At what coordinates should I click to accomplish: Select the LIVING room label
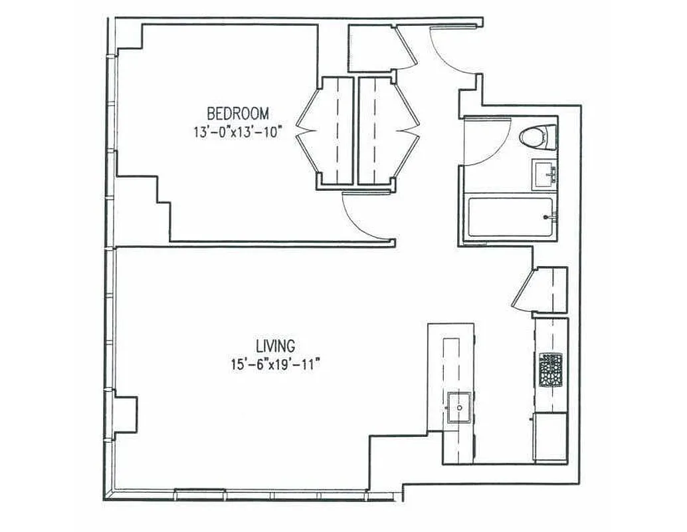pyautogui.click(x=275, y=346)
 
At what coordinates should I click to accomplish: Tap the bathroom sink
pyautogui.click(x=545, y=174)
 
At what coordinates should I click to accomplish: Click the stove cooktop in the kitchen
pyautogui.click(x=551, y=370)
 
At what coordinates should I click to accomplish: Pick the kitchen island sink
pyautogui.click(x=459, y=407)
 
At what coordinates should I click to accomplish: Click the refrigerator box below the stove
pyautogui.click(x=550, y=437)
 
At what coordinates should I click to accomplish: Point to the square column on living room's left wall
pyautogui.click(x=125, y=416)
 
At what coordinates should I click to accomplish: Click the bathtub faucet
pyautogui.click(x=549, y=217)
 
